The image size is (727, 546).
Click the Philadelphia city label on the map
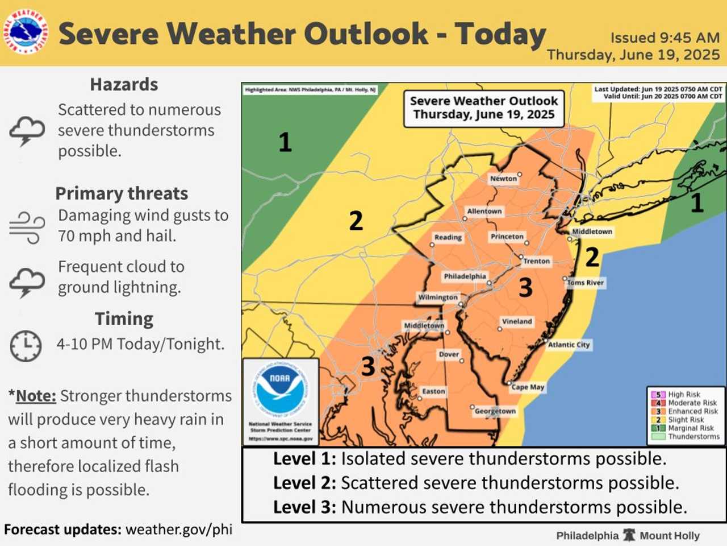pos(465,276)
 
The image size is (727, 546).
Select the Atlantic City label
pos(569,345)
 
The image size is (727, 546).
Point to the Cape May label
pos(528,387)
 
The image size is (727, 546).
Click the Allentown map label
pos(484,212)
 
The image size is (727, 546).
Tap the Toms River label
pos(586,283)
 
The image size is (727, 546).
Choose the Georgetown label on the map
pos(495,411)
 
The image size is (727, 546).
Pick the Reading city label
pos(448,237)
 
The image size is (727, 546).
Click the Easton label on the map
pos(433,391)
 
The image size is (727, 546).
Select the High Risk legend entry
pos(684,394)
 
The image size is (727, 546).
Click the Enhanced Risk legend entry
pos(692,411)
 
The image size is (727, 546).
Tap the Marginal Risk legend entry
pos(691,428)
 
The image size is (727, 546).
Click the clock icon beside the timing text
pos(26,345)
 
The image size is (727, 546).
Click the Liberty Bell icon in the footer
pos(629,535)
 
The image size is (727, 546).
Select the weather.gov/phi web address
pos(179,530)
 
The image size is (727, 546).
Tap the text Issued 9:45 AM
pos(665,38)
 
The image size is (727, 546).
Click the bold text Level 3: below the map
pos(304,507)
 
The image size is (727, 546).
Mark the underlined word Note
pos(36,396)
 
